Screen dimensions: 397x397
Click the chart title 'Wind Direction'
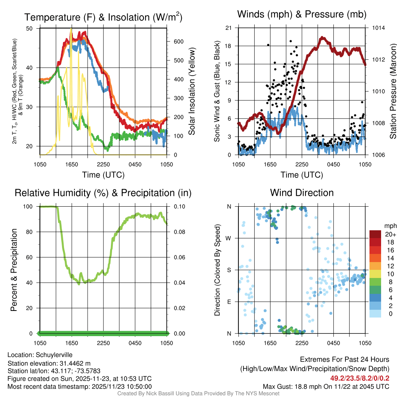(302, 193)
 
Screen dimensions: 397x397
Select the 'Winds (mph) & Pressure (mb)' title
(302, 14)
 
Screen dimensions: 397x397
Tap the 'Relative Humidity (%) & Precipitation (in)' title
(103, 193)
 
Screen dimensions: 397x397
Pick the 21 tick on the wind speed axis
(228, 28)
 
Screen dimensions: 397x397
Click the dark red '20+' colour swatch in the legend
(375, 234)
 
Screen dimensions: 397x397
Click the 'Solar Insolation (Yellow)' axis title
(192, 91)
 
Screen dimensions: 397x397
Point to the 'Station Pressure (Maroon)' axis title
(392, 91)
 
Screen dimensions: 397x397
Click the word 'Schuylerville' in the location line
(54, 355)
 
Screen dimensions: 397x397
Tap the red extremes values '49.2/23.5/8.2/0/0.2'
(360, 378)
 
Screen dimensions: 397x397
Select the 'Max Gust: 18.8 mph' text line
(326, 386)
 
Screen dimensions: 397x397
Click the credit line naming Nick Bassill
(198, 394)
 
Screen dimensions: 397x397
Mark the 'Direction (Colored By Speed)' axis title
(217, 269)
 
